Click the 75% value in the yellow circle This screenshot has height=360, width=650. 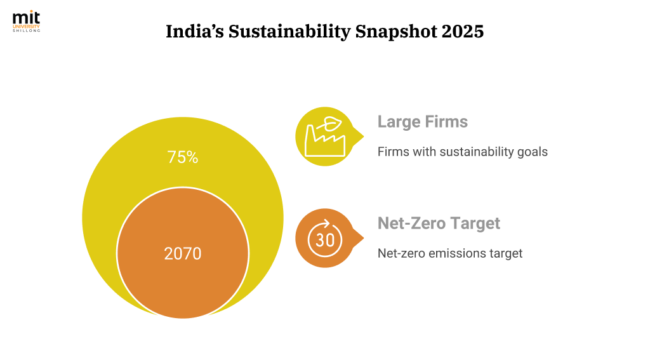pyautogui.click(x=183, y=157)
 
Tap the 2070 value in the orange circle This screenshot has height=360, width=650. pyautogui.click(x=183, y=254)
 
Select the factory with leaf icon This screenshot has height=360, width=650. pyautogui.click(x=324, y=135)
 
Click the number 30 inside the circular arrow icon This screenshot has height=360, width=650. pyautogui.click(x=324, y=240)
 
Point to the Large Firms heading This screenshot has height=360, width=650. pyautogui.click(x=422, y=121)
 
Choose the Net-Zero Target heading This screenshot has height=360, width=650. pyautogui.click(x=439, y=223)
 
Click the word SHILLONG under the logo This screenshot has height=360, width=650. pyautogui.click(x=26, y=30)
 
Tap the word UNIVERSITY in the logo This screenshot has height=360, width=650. pyautogui.click(x=26, y=26)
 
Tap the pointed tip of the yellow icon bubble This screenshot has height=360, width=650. pyautogui.click(x=364, y=135)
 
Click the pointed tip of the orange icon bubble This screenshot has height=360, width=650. pyautogui.click(x=364, y=239)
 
